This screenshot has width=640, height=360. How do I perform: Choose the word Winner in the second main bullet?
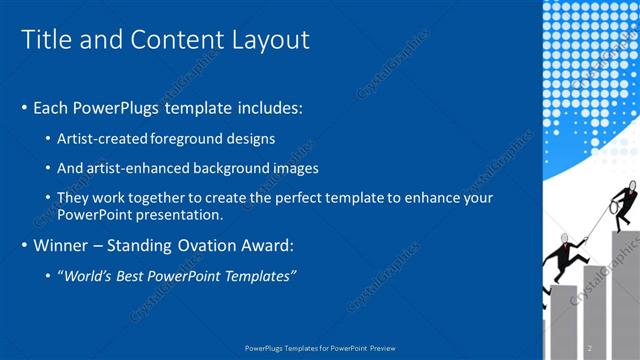(61, 245)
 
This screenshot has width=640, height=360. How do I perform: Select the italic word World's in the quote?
(91, 275)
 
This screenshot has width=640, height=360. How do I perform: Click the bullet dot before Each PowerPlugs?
(25, 108)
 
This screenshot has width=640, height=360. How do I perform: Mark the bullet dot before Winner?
(25, 245)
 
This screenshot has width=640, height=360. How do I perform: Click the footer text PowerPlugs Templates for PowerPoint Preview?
(319, 348)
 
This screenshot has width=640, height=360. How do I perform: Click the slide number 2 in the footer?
(589, 348)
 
